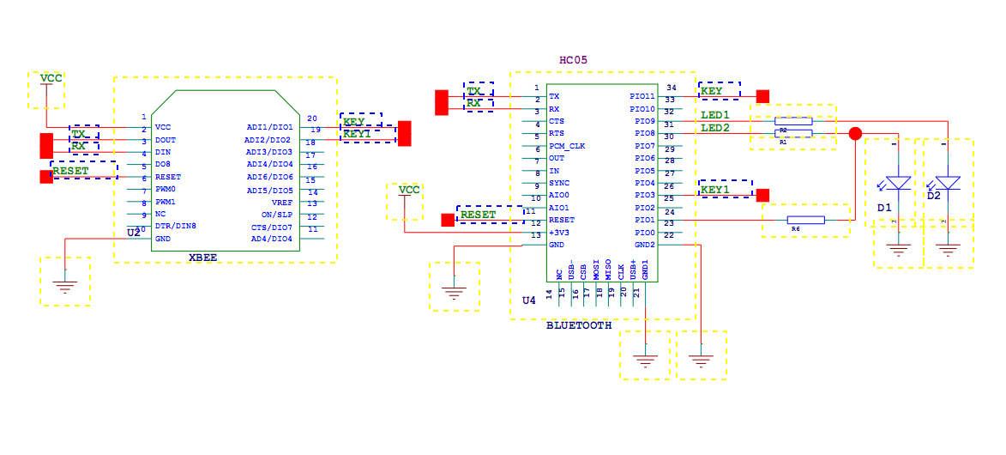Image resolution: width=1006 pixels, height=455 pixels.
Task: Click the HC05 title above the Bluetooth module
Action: (574, 60)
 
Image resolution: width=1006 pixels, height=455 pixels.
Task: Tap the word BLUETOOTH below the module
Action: (579, 325)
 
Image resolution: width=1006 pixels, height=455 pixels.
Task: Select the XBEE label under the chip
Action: (202, 257)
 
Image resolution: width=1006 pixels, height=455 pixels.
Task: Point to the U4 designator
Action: (529, 300)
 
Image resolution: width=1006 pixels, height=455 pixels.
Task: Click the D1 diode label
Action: (884, 209)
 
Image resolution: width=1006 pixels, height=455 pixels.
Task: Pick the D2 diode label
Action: (933, 197)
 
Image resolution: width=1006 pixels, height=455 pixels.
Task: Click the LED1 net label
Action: (715, 115)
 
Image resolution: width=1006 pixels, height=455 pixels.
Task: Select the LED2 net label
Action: (715, 128)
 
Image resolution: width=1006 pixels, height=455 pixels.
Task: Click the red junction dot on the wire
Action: (855, 133)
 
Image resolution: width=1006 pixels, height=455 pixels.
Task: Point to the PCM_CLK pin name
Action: (567, 146)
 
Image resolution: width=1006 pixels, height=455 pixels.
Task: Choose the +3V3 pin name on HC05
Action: (558, 233)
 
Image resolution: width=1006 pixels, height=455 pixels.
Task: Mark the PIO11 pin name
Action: (642, 97)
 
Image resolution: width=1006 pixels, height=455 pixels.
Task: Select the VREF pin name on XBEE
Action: (282, 203)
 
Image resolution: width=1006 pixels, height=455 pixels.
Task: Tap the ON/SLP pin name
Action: (277, 215)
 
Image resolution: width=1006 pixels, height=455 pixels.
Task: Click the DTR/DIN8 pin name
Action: (176, 226)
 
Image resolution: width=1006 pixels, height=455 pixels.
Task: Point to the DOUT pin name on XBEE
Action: (166, 140)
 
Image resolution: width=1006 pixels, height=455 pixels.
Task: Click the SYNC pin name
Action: (558, 183)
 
